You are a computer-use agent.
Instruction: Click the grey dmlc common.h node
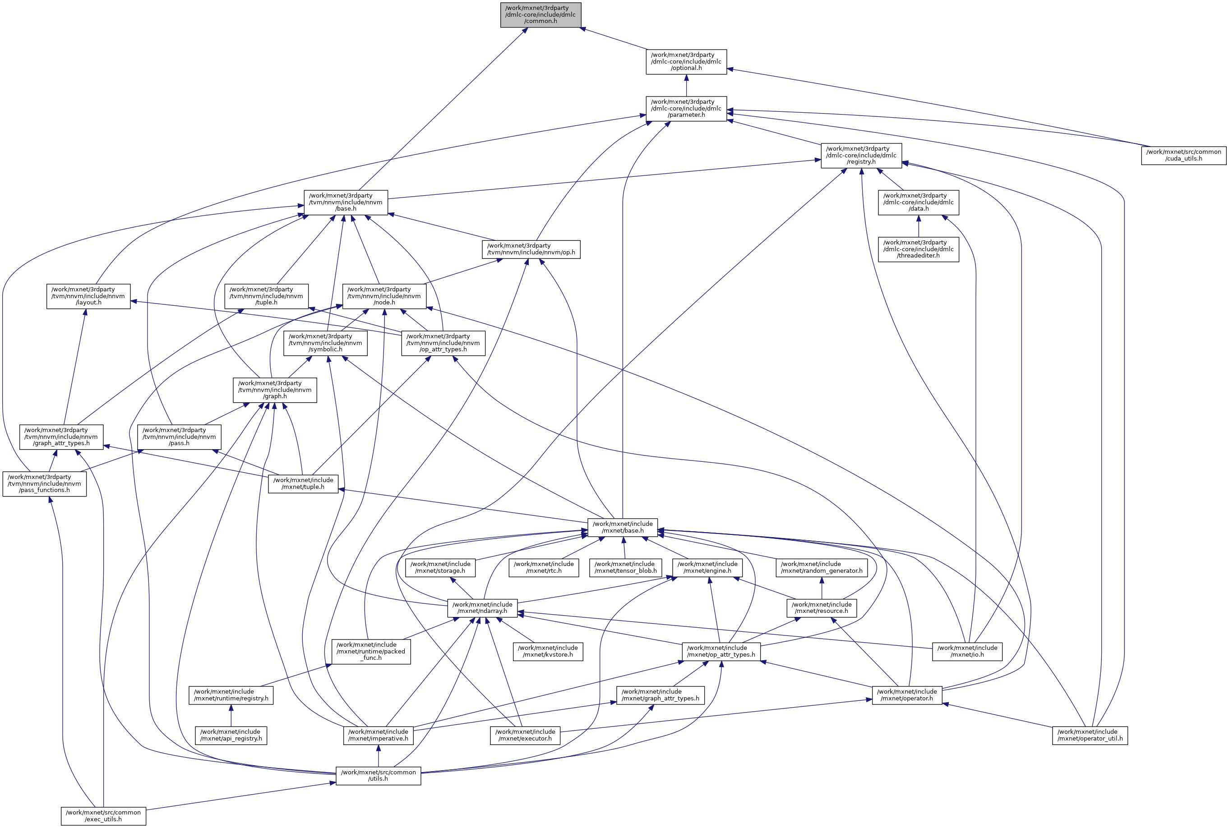pos(541,15)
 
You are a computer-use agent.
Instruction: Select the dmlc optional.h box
pos(686,62)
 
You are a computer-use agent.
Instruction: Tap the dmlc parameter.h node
pos(686,109)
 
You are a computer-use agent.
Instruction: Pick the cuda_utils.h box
pos(1183,155)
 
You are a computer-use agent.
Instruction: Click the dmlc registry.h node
pos(861,156)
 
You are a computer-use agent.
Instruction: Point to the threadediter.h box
pos(918,249)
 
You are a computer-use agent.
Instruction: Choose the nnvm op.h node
pos(531,249)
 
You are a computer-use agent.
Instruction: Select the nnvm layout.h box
pos(88,296)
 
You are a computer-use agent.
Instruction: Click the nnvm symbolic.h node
pos(325,343)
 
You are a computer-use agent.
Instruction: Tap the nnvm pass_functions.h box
pos(44,484)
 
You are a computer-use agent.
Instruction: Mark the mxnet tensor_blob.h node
pos(625,568)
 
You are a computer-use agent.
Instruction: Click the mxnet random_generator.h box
pos(821,568)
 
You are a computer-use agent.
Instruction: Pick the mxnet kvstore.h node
pos(548,652)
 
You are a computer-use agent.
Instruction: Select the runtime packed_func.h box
pos(371,652)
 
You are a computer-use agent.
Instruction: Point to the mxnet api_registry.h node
pos(231,735)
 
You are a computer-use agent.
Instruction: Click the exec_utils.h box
pos(103,816)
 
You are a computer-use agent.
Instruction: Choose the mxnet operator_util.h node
pos(1090,735)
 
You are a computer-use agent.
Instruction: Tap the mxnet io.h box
pos(967,652)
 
